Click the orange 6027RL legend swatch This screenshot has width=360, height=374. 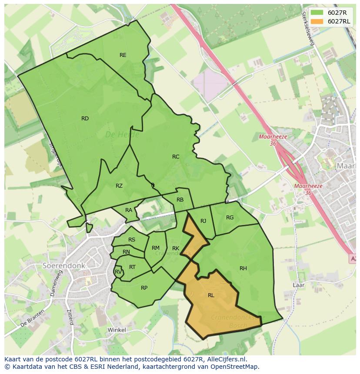pos(317,22)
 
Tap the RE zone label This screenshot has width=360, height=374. pos(123,55)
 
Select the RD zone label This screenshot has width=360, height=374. pos(85,119)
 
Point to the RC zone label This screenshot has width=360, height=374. pos(176,157)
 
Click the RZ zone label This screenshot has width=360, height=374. pos(119,186)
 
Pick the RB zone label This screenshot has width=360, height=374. pos(180,200)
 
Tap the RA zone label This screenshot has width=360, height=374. pos(129,210)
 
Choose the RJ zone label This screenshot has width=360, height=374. pos(203,221)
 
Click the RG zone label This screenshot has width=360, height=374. pos(230,218)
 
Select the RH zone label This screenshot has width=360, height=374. pos(243,268)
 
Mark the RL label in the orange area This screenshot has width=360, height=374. pos(211,295)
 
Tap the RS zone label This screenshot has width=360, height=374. pos(132,240)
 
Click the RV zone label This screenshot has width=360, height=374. pos(118,272)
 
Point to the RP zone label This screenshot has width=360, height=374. pos(144,288)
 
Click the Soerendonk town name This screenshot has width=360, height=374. pos(64,265)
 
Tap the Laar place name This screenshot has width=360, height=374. pos(298,285)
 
